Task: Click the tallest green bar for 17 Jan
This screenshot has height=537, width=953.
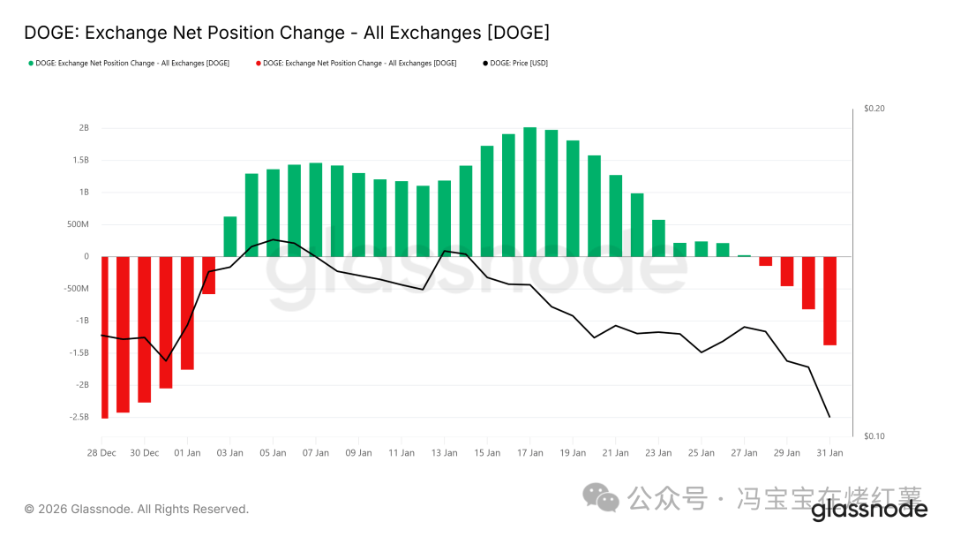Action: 529,192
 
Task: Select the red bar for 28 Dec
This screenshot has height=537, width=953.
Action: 104,337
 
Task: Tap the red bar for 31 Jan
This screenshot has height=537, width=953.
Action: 829,300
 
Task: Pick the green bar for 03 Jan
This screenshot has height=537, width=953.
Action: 230,237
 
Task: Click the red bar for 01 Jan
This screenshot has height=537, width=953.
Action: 187,313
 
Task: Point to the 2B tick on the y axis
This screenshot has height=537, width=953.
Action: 84,128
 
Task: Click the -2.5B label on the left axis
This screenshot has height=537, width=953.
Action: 79,417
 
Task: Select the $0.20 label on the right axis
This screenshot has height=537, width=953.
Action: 874,109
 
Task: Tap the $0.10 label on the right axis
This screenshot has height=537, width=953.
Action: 874,436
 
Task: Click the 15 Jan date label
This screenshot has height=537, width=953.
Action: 487,453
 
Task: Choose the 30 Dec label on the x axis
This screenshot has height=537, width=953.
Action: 145,453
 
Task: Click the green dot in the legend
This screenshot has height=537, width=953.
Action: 31,64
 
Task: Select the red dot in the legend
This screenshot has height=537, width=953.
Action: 258,64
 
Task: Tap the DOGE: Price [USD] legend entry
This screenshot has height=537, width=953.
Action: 519,64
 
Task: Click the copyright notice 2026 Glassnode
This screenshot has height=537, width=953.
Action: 137,509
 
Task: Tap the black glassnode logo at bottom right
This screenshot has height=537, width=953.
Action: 868,510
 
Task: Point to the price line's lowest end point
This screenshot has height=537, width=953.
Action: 829,417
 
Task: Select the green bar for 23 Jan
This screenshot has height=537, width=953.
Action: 658,238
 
